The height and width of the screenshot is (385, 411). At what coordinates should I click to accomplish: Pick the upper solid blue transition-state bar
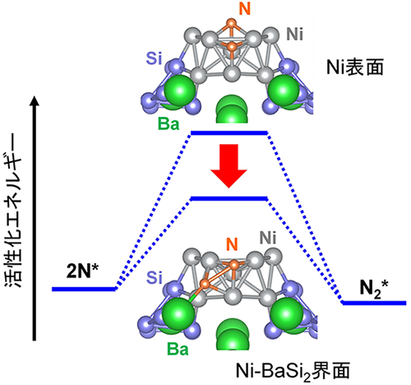(x=229, y=132)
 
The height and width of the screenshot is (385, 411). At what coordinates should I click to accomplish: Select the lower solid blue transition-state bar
(x=229, y=197)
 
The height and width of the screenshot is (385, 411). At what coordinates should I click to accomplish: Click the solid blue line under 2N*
(x=83, y=289)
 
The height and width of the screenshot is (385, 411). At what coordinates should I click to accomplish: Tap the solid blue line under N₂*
(x=374, y=303)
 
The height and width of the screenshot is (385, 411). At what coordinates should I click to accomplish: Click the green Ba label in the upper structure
(x=169, y=124)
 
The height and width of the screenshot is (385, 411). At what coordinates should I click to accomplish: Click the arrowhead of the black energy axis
(x=34, y=100)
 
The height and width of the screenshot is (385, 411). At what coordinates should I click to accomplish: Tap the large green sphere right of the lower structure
(x=288, y=313)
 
